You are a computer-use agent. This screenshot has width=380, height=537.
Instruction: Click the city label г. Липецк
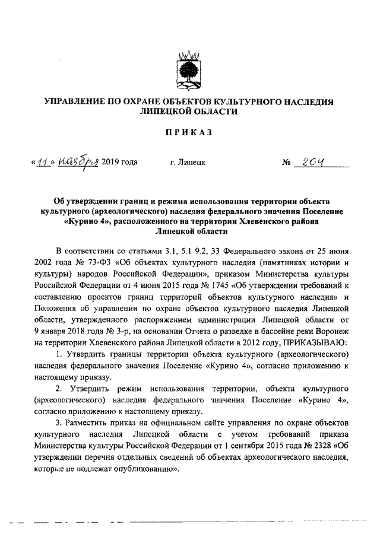click(x=188, y=163)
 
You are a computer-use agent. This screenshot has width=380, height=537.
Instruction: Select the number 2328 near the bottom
click(x=316, y=448)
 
